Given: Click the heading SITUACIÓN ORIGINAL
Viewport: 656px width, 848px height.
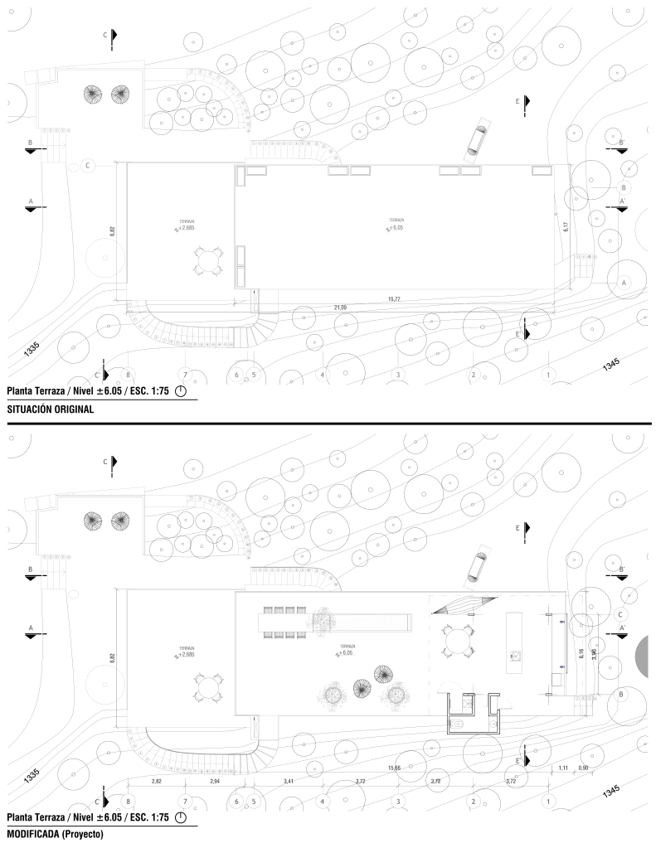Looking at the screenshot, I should click(x=50, y=409).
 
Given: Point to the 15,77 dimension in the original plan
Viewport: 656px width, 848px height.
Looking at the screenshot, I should click(x=394, y=298).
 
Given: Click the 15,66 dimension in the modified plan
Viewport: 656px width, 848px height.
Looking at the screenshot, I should click(x=394, y=768).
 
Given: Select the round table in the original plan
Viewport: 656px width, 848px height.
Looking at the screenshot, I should click(x=207, y=260).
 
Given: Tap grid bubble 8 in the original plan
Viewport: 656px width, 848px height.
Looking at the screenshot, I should click(x=128, y=375).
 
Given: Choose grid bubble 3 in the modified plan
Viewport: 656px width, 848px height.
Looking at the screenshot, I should click(x=398, y=801).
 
